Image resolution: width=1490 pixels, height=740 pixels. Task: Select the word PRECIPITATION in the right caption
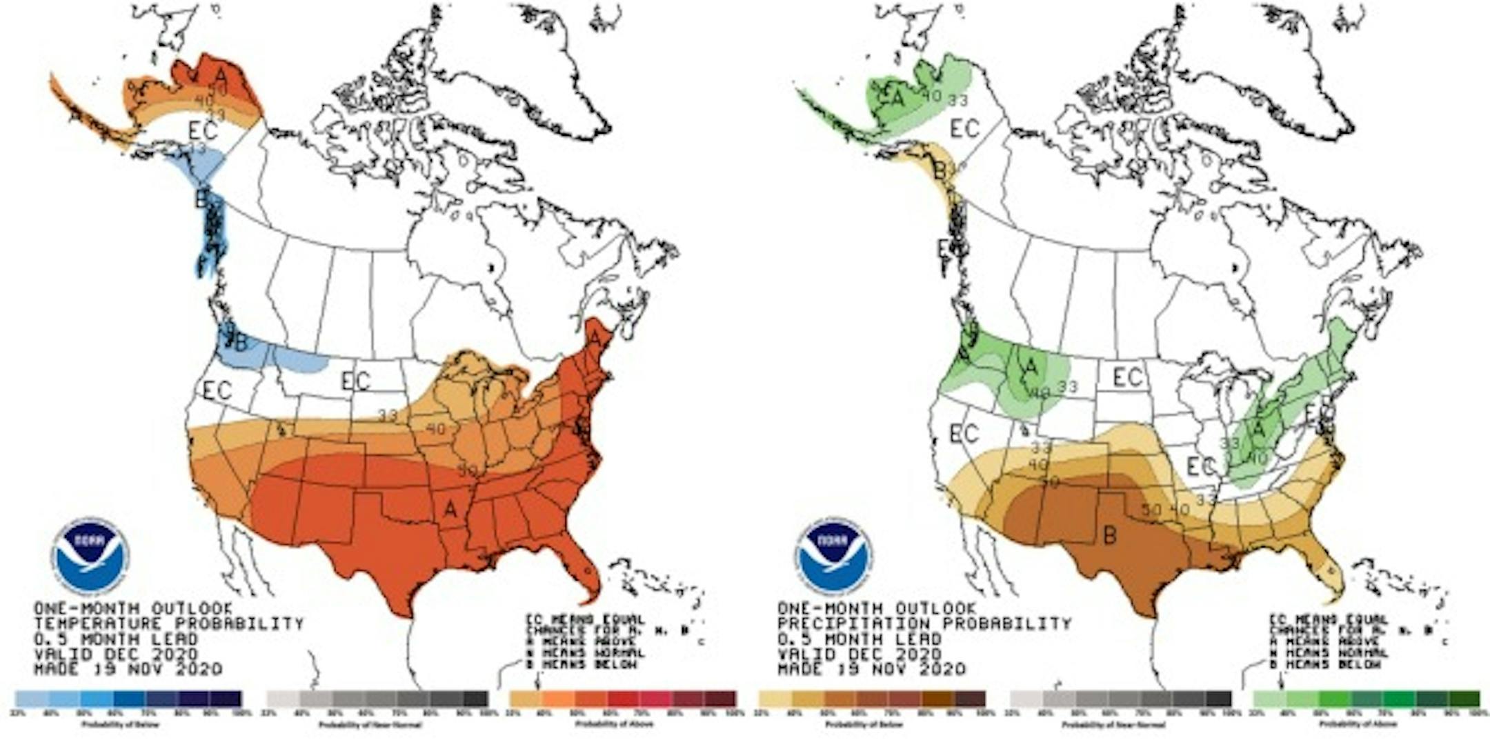(x=845, y=624)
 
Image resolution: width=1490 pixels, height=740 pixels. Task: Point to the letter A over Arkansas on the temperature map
(x=450, y=509)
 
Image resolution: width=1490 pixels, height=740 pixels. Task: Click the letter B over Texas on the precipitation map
(x=1110, y=534)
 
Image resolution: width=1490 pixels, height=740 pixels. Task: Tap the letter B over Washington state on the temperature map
(x=241, y=343)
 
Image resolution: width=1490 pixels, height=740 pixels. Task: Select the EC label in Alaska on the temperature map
(x=203, y=130)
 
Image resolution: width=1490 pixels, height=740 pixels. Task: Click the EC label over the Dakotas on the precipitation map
(x=1129, y=377)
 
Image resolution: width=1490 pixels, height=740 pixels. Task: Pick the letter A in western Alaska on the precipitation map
(x=896, y=99)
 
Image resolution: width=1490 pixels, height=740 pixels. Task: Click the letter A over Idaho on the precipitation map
(x=1031, y=367)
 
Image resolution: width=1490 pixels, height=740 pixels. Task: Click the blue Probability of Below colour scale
(x=128, y=699)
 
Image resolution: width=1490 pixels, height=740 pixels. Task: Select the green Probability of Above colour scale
(x=1366, y=699)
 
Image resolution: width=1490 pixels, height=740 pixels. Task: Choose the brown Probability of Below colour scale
(x=872, y=699)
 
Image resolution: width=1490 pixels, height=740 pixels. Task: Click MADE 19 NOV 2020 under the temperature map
(x=128, y=669)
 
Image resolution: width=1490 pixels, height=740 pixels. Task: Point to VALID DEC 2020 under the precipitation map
(x=860, y=654)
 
